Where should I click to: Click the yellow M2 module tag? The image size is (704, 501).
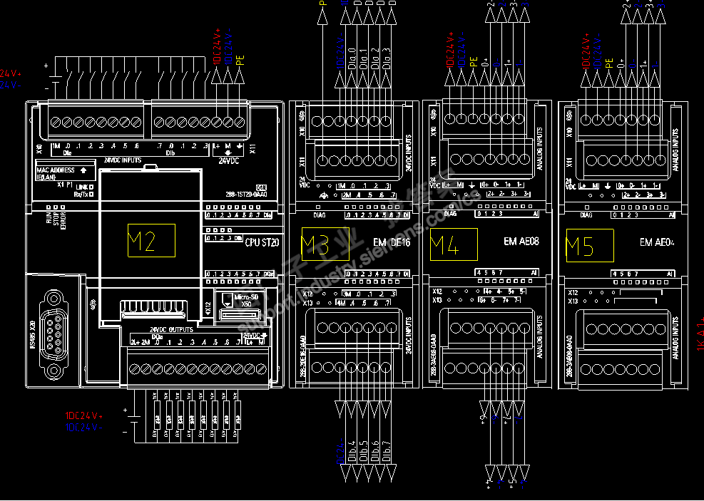coord(151,241)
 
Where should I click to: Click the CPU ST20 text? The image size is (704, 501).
coord(262,242)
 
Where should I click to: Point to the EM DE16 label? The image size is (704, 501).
coord(392,242)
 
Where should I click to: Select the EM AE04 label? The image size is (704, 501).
coord(656,242)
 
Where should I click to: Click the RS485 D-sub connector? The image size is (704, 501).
coord(52,333)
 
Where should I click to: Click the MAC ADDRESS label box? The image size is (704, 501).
coord(65,172)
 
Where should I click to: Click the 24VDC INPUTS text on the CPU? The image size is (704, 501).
coord(123,160)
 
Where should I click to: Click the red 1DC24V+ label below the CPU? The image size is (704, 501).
coord(84,415)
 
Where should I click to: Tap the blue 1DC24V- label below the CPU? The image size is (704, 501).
coord(84,427)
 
